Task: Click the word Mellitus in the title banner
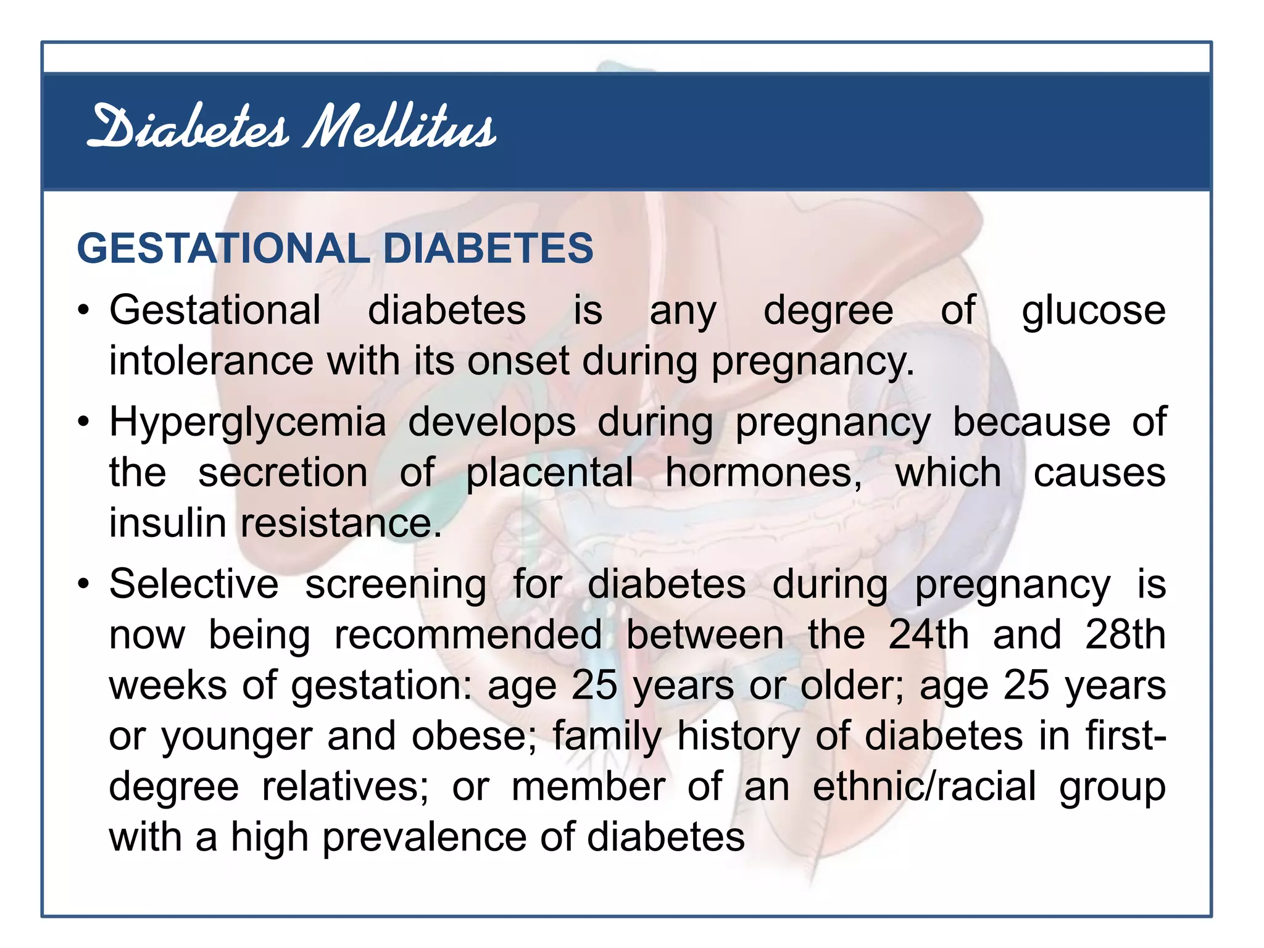(x=400, y=128)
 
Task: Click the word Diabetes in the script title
(x=188, y=128)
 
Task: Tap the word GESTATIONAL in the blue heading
(x=223, y=249)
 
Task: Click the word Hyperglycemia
(x=247, y=423)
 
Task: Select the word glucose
(x=1093, y=310)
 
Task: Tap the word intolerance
(x=211, y=361)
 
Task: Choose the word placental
(x=549, y=473)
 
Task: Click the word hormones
(x=763, y=473)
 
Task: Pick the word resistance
(x=341, y=524)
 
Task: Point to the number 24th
(x=928, y=635)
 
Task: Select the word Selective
(x=194, y=584)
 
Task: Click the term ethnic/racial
(x=925, y=787)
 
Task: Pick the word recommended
(x=468, y=635)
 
